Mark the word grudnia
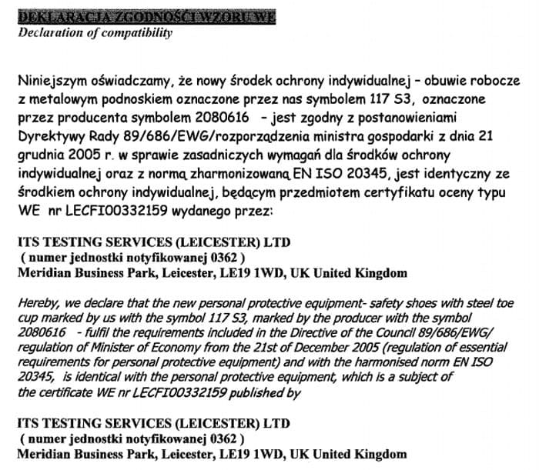pos(38,155)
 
